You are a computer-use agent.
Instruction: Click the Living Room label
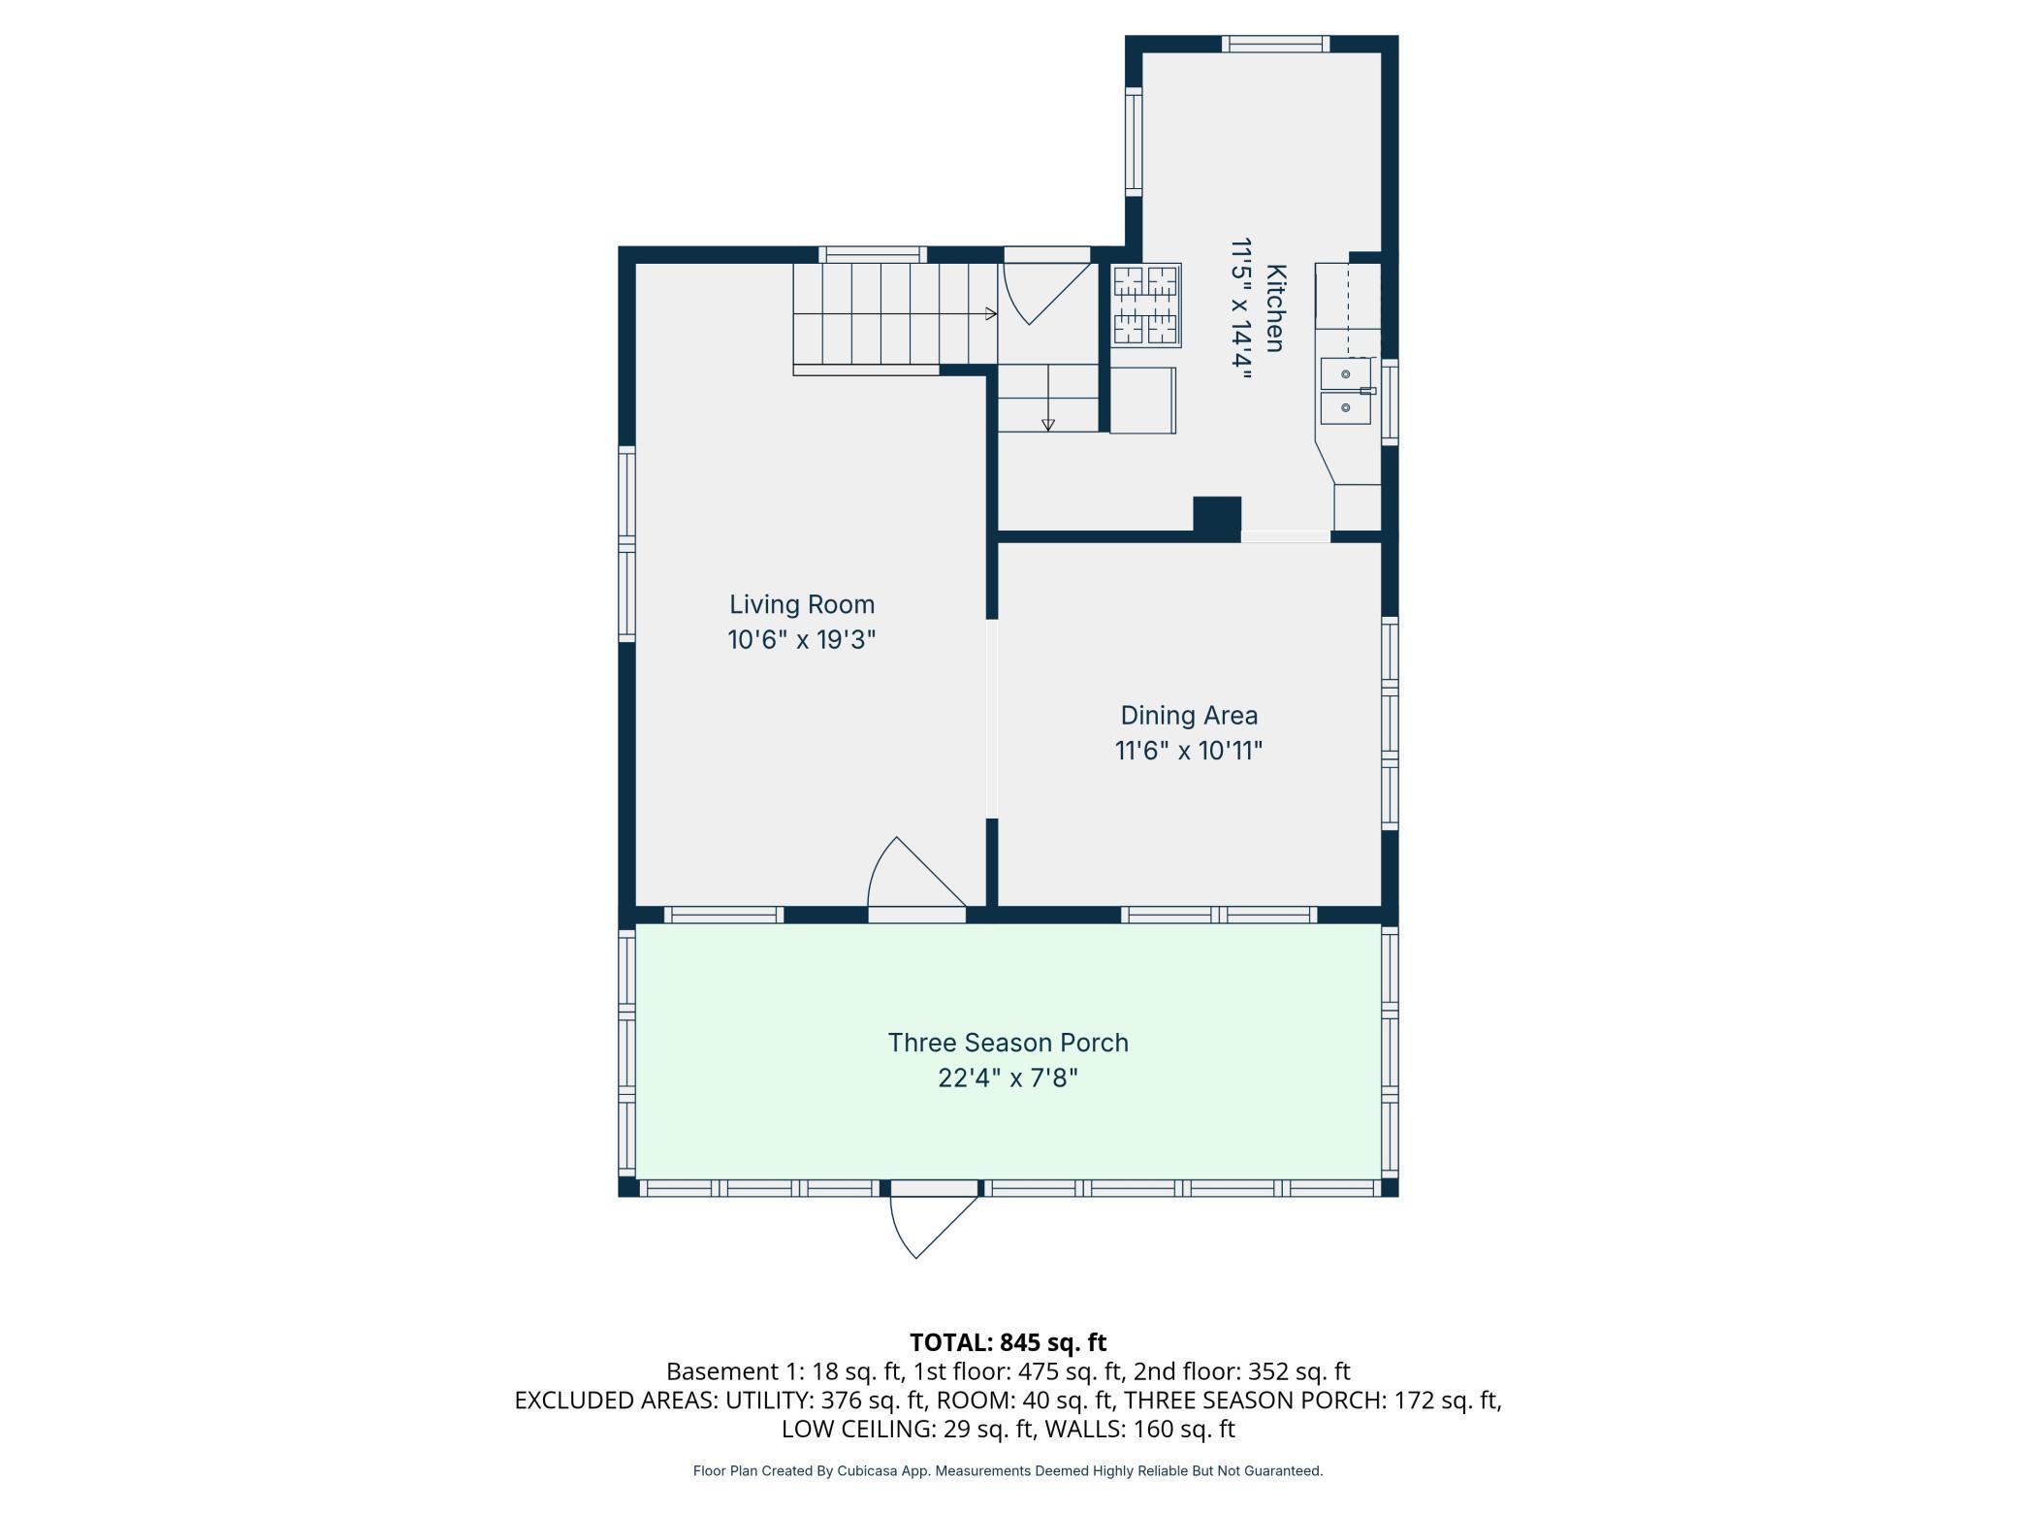click(x=802, y=604)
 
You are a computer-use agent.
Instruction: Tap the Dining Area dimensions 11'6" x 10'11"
click(x=1189, y=751)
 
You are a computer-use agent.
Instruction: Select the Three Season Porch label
click(x=1008, y=1043)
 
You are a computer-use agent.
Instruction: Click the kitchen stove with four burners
click(x=1146, y=305)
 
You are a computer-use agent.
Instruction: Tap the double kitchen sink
click(x=1346, y=391)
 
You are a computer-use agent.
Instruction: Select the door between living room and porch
click(x=916, y=878)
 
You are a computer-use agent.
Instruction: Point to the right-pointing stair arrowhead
click(x=991, y=313)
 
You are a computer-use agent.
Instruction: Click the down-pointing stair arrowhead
click(x=1047, y=425)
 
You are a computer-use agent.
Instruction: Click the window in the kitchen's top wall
click(x=1275, y=44)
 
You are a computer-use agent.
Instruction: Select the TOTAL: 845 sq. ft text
click(x=1008, y=1342)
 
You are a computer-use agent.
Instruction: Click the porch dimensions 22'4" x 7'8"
click(x=1008, y=1078)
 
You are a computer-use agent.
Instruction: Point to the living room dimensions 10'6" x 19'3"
click(x=802, y=640)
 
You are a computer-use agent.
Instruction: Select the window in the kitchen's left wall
click(x=1134, y=141)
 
